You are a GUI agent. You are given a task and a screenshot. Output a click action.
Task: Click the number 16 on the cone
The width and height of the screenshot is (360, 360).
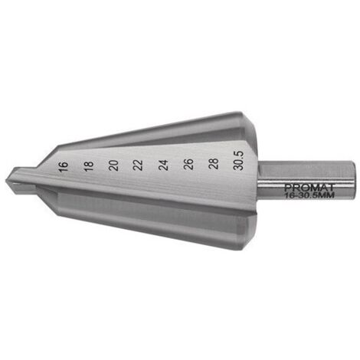click(x=63, y=167)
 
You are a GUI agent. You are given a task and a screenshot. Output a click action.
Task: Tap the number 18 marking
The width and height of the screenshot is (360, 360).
click(x=89, y=166)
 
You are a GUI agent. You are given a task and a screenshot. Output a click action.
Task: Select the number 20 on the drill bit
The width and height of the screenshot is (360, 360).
click(x=113, y=165)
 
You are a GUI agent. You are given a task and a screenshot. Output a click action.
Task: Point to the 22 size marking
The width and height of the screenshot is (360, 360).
click(x=139, y=165)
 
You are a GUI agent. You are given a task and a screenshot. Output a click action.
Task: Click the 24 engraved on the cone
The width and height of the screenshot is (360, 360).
click(x=163, y=165)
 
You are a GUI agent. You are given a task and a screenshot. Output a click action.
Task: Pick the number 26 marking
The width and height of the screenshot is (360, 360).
click(x=188, y=165)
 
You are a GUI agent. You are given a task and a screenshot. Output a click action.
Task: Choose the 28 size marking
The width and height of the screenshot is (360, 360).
click(x=214, y=164)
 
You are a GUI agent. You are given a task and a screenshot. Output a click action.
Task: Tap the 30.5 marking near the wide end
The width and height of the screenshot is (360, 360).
click(x=240, y=161)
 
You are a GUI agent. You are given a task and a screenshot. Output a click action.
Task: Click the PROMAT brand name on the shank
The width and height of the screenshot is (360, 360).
click(x=309, y=188)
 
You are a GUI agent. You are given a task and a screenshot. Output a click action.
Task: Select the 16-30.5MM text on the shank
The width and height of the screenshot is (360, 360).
click(x=309, y=195)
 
